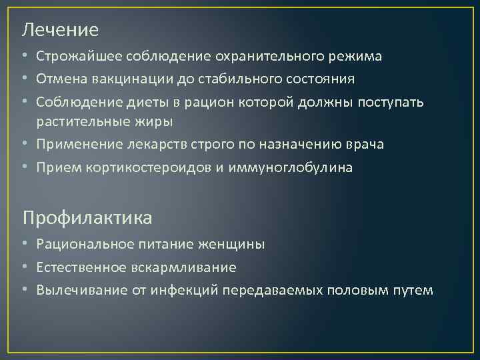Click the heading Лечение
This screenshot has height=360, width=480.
point(60,30)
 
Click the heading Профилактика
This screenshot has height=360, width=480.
point(87,217)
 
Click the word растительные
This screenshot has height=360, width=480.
point(80,121)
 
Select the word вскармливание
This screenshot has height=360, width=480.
point(195,267)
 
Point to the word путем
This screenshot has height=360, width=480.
point(414,291)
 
